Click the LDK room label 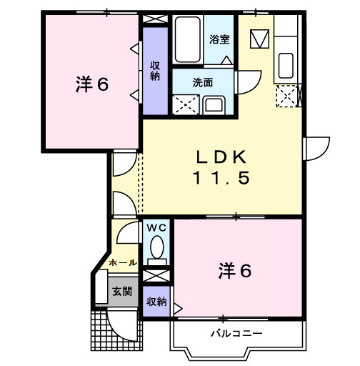pyautogui.click(x=221, y=156)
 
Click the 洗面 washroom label pyautogui.click(x=203, y=82)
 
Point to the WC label pyautogui.click(x=156, y=227)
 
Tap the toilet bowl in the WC pyautogui.click(x=156, y=249)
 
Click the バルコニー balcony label pyautogui.click(x=236, y=333)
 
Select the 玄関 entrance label pyautogui.click(x=121, y=292)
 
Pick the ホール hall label pyautogui.click(x=122, y=263)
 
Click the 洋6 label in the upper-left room pyautogui.click(x=91, y=84)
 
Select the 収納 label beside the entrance pyautogui.click(x=156, y=302)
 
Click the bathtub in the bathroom pyautogui.click(x=188, y=40)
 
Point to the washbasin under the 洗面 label pyautogui.click(x=214, y=105)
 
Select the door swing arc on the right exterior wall pyautogui.click(x=315, y=148)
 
